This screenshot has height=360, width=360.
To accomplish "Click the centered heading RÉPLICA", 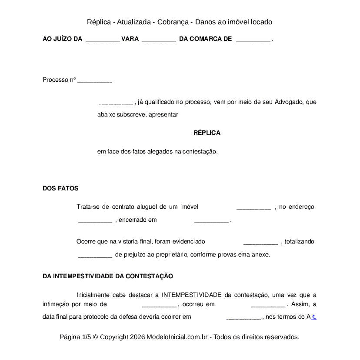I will click(207, 133).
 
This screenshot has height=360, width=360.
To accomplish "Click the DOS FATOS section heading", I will click(60, 188).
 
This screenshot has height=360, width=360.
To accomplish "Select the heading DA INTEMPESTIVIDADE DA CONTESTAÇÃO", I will click(108, 276).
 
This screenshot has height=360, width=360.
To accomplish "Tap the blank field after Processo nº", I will click(94, 80).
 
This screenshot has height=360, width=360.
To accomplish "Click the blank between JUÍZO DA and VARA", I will click(103, 39).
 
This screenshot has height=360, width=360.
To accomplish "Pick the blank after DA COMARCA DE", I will click(253, 39).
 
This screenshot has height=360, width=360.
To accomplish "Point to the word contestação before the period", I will click(200, 152).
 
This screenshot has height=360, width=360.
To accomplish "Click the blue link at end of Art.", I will click(314, 317).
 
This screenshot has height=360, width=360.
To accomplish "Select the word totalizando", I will click(300, 241).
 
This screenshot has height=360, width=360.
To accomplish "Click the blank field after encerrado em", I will click(211, 220).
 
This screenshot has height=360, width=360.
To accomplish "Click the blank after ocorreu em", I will click(268, 305).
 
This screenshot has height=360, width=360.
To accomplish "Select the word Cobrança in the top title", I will click(173, 22).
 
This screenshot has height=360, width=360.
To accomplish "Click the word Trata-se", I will click(88, 207).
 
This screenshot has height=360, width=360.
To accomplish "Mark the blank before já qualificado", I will click(116, 103).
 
